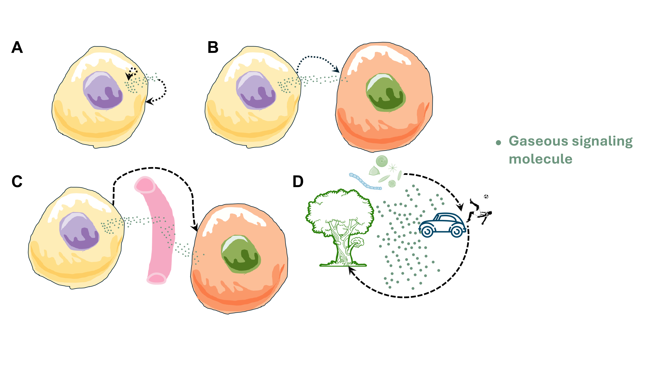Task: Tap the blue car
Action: (442, 225)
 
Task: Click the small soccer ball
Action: (486, 196)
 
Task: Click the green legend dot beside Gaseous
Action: (498, 142)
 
